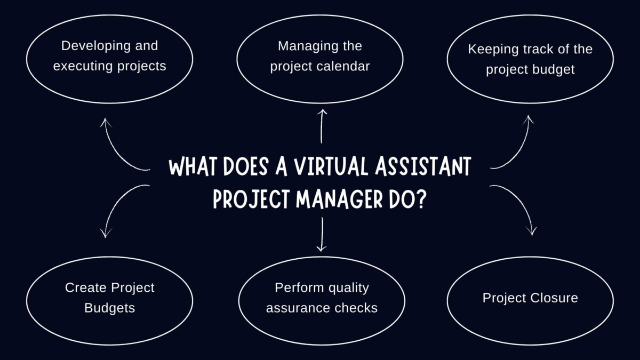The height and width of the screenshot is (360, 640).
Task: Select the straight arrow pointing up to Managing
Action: pyautogui.click(x=322, y=126)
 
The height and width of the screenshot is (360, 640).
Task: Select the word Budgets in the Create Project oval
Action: pyautogui.click(x=109, y=308)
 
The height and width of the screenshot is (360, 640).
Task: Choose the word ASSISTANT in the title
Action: pyautogui.click(x=423, y=167)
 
